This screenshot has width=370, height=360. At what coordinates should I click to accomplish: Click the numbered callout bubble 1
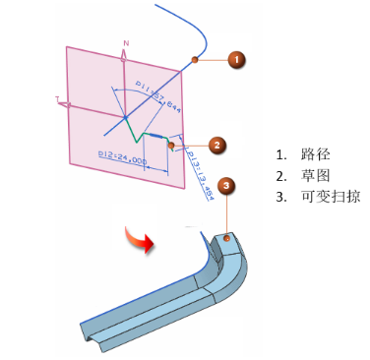[x=236, y=60]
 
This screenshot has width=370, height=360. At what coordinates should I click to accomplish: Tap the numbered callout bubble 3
[x=227, y=185]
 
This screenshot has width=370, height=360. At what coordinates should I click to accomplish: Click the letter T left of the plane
[x=58, y=99]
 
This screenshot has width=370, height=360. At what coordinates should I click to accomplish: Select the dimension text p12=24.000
[x=122, y=159]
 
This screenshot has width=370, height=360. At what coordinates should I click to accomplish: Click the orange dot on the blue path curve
[x=196, y=60]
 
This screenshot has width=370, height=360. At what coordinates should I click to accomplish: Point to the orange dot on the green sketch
[x=171, y=146]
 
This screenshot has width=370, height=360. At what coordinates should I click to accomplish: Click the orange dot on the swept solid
[x=226, y=237]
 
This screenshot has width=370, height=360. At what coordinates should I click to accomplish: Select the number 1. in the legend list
[x=281, y=155]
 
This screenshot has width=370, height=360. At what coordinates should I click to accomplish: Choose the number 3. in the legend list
[x=281, y=197]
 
